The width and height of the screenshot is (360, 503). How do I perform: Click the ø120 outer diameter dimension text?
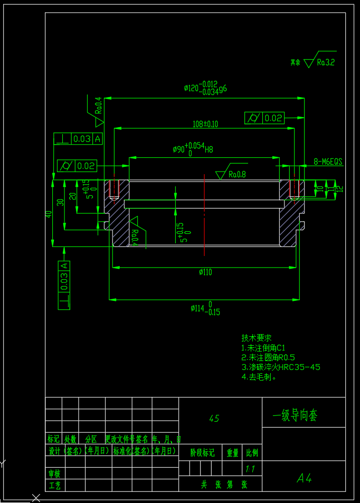click(205, 88)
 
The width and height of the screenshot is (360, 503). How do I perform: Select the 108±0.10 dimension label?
click(205, 124)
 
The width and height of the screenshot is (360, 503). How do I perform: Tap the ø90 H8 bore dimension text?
click(193, 149)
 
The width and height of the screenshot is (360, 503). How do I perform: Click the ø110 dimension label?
click(205, 272)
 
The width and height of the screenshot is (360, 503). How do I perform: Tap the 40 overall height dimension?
click(49, 214)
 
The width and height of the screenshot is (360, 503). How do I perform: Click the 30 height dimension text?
click(61, 202)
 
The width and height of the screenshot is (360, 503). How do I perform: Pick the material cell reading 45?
click(214, 419)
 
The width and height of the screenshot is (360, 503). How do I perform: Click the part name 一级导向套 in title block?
click(295, 415)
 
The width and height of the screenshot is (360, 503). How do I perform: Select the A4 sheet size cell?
click(304, 478)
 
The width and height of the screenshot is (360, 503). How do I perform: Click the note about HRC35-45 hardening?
click(281, 367)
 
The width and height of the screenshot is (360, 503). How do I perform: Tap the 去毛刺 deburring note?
click(259, 377)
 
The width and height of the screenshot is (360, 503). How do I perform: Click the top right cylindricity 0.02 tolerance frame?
click(264, 118)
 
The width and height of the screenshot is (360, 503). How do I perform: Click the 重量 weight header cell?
click(233, 453)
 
